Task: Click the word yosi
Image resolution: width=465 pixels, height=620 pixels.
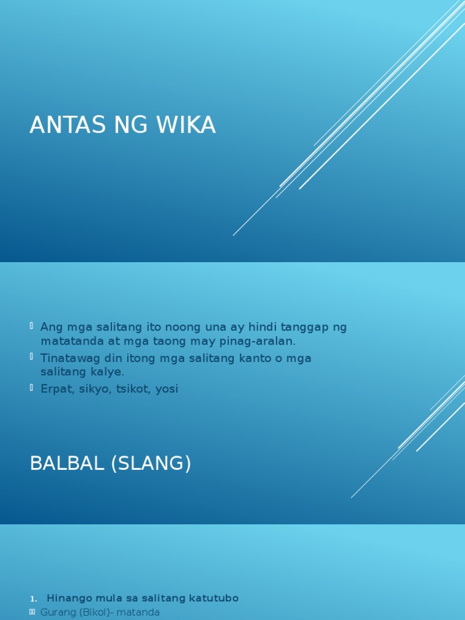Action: (167, 389)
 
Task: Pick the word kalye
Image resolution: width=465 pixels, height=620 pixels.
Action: (110, 372)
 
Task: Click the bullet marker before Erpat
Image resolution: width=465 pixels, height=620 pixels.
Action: (31, 388)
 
